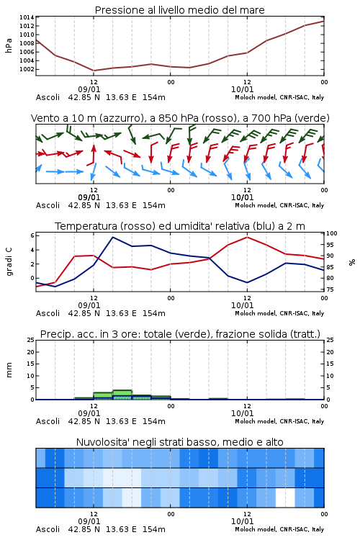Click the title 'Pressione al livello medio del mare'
click(179, 10)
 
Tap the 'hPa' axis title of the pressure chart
click(9, 45)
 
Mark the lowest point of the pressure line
click(94, 71)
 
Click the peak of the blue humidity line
click(113, 237)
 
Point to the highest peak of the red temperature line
click(247, 237)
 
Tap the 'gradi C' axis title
click(9, 262)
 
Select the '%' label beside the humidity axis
click(352, 262)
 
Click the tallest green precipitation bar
click(122, 395)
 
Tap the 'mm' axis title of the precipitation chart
click(9, 370)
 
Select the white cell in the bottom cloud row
click(285, 498)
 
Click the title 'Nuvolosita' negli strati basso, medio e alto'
click(179, 442)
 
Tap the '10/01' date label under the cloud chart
click(242, 521)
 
